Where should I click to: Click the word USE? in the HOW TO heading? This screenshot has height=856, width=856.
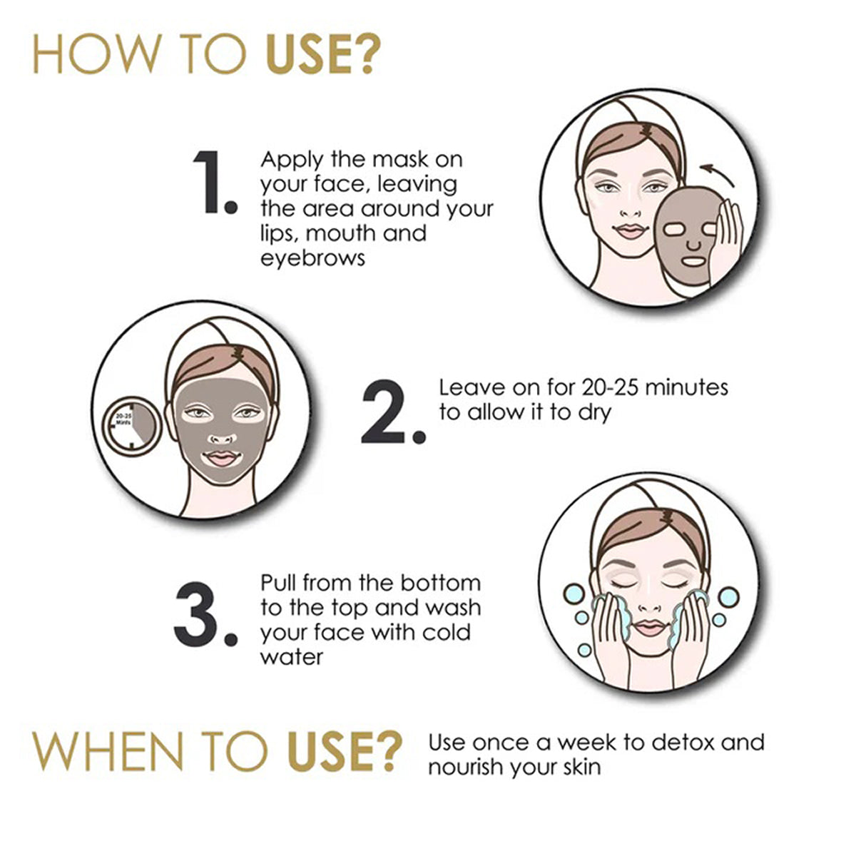click(x=323, y=54)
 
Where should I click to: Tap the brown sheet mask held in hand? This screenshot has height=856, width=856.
click(x=686, y=235)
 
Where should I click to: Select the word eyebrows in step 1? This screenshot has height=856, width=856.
click(x=312, y=258)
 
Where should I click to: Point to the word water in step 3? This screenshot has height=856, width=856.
click(x=292, y=657)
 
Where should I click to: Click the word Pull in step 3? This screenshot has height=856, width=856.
click(x=279, y=583)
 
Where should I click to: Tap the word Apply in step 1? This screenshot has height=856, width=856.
click(x=292, y=160)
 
